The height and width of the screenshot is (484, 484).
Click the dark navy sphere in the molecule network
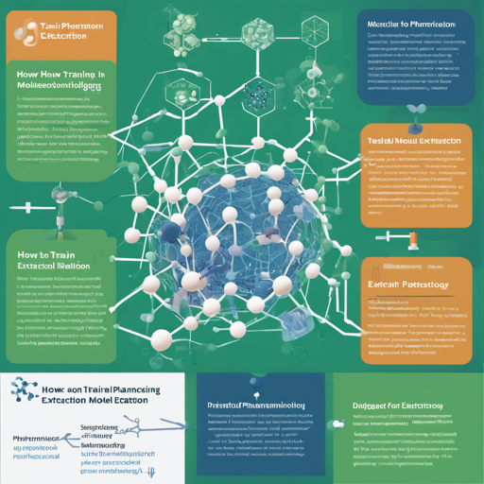(170, 232)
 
